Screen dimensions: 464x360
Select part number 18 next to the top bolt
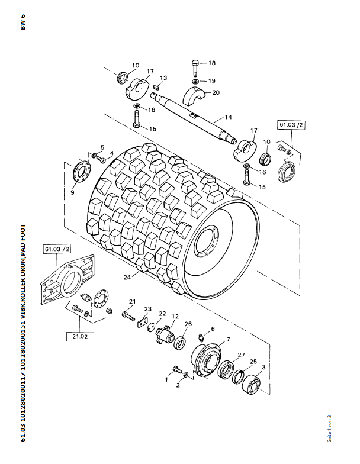[212, 63]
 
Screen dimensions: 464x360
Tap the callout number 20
[216, 92]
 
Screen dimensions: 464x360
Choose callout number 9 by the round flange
[72, 192]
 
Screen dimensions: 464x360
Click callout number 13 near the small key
[163, 78]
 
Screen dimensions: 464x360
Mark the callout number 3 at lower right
[263, 368]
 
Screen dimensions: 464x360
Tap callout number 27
[241, 355]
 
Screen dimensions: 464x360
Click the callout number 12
[175, 317]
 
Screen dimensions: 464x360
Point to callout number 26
[188, 324]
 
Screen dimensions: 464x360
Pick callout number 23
[147, 309]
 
